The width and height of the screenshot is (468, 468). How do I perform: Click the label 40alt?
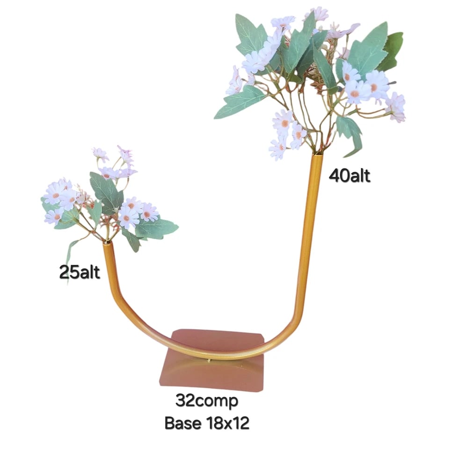(350, 176)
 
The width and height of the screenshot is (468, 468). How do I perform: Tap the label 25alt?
(80, 272)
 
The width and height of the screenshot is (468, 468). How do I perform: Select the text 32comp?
(207, 401)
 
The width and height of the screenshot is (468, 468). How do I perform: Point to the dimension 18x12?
(227, 423)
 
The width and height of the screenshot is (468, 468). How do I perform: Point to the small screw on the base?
(210, 361)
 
